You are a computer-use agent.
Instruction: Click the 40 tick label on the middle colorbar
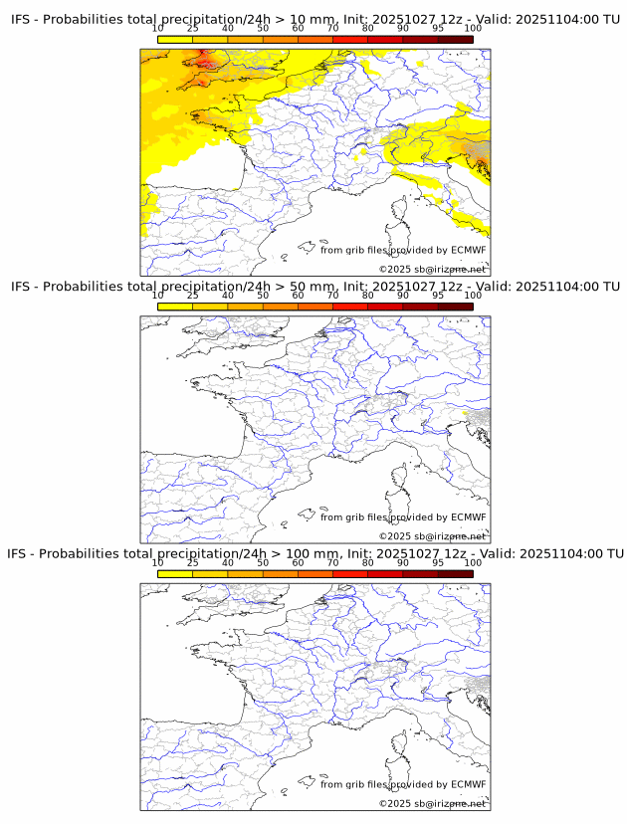coord(228,296)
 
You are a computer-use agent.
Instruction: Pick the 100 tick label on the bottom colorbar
coord(472,562)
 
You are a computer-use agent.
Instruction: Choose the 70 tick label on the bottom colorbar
coord(332,562)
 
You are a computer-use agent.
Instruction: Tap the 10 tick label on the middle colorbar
coord(158,296)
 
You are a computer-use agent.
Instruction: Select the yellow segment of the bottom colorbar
coord(175,573)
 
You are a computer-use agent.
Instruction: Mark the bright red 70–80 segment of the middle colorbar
coord(350,307)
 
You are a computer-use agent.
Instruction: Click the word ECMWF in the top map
coord(468,250)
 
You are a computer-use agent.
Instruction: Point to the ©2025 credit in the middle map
coord(393,536)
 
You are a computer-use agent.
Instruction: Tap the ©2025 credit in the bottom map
coord(393,803)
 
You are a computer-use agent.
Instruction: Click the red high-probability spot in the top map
coord(204,65)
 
